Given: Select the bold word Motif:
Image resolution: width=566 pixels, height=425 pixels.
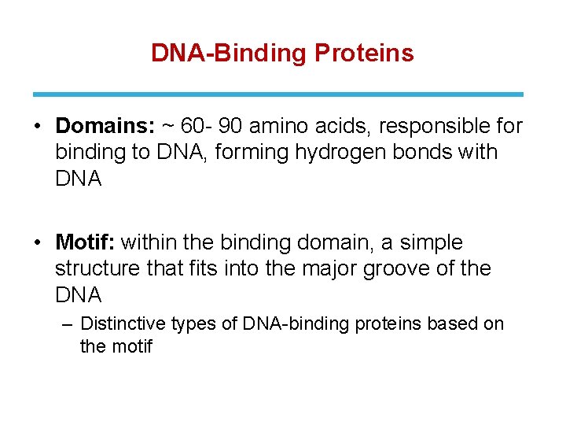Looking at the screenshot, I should click(x=86, y=242).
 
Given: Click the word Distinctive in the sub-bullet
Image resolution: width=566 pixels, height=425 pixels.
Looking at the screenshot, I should click(x=121, y=323).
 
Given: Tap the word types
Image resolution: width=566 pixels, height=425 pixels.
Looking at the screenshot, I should click(x=187, y=323).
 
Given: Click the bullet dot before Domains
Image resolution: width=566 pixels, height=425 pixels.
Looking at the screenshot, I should click(x=39, y=127).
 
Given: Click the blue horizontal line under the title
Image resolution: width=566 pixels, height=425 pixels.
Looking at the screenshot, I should click(x=282, y=94).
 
